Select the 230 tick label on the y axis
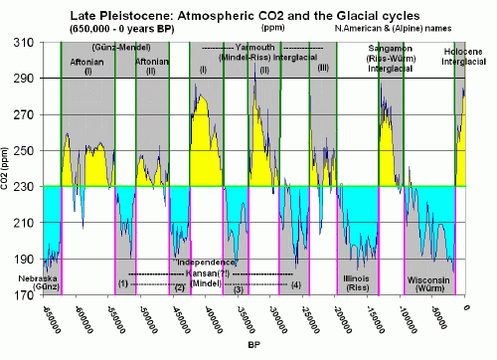[27, 186]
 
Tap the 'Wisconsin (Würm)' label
[430, 284]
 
